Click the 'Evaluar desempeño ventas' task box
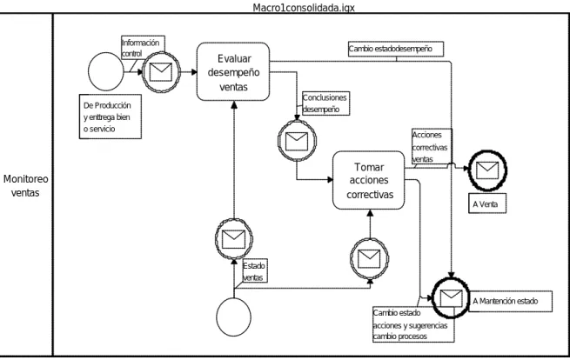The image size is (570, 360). [x=233, y=71]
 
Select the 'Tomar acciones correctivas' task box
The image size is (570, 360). [x=369, y=180]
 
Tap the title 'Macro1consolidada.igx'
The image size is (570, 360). [x=304, y=7]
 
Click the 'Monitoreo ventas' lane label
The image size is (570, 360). [x=25, y=185]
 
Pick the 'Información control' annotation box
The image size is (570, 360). [x=143, y=48]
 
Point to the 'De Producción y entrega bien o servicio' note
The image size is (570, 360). [x=111, y=117]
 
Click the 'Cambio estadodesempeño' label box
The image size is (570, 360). [x=395, y=49]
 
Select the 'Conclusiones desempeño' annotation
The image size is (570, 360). [x=325, y=103]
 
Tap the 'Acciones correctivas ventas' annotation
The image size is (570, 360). [x=432, y=146]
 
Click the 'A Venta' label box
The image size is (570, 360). [x=487, y=204]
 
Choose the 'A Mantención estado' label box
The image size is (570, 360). [x=511, y=301]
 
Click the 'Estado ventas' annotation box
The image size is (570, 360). [x=254, y=271]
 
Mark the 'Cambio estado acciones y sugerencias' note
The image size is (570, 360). [x=413, y=324]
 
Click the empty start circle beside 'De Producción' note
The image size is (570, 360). [x=106, y=71]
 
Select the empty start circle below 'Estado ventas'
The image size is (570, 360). [x=233, y=317]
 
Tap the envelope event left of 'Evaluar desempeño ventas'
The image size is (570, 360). [x=161, y=72]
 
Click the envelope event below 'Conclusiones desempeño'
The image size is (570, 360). [x=297, y=141]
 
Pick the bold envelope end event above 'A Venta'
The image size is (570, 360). [x=487, y=170]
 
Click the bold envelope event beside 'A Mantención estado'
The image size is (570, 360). [x=451, y=298]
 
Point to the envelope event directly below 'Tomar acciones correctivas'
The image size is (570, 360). [x=369, y=258]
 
